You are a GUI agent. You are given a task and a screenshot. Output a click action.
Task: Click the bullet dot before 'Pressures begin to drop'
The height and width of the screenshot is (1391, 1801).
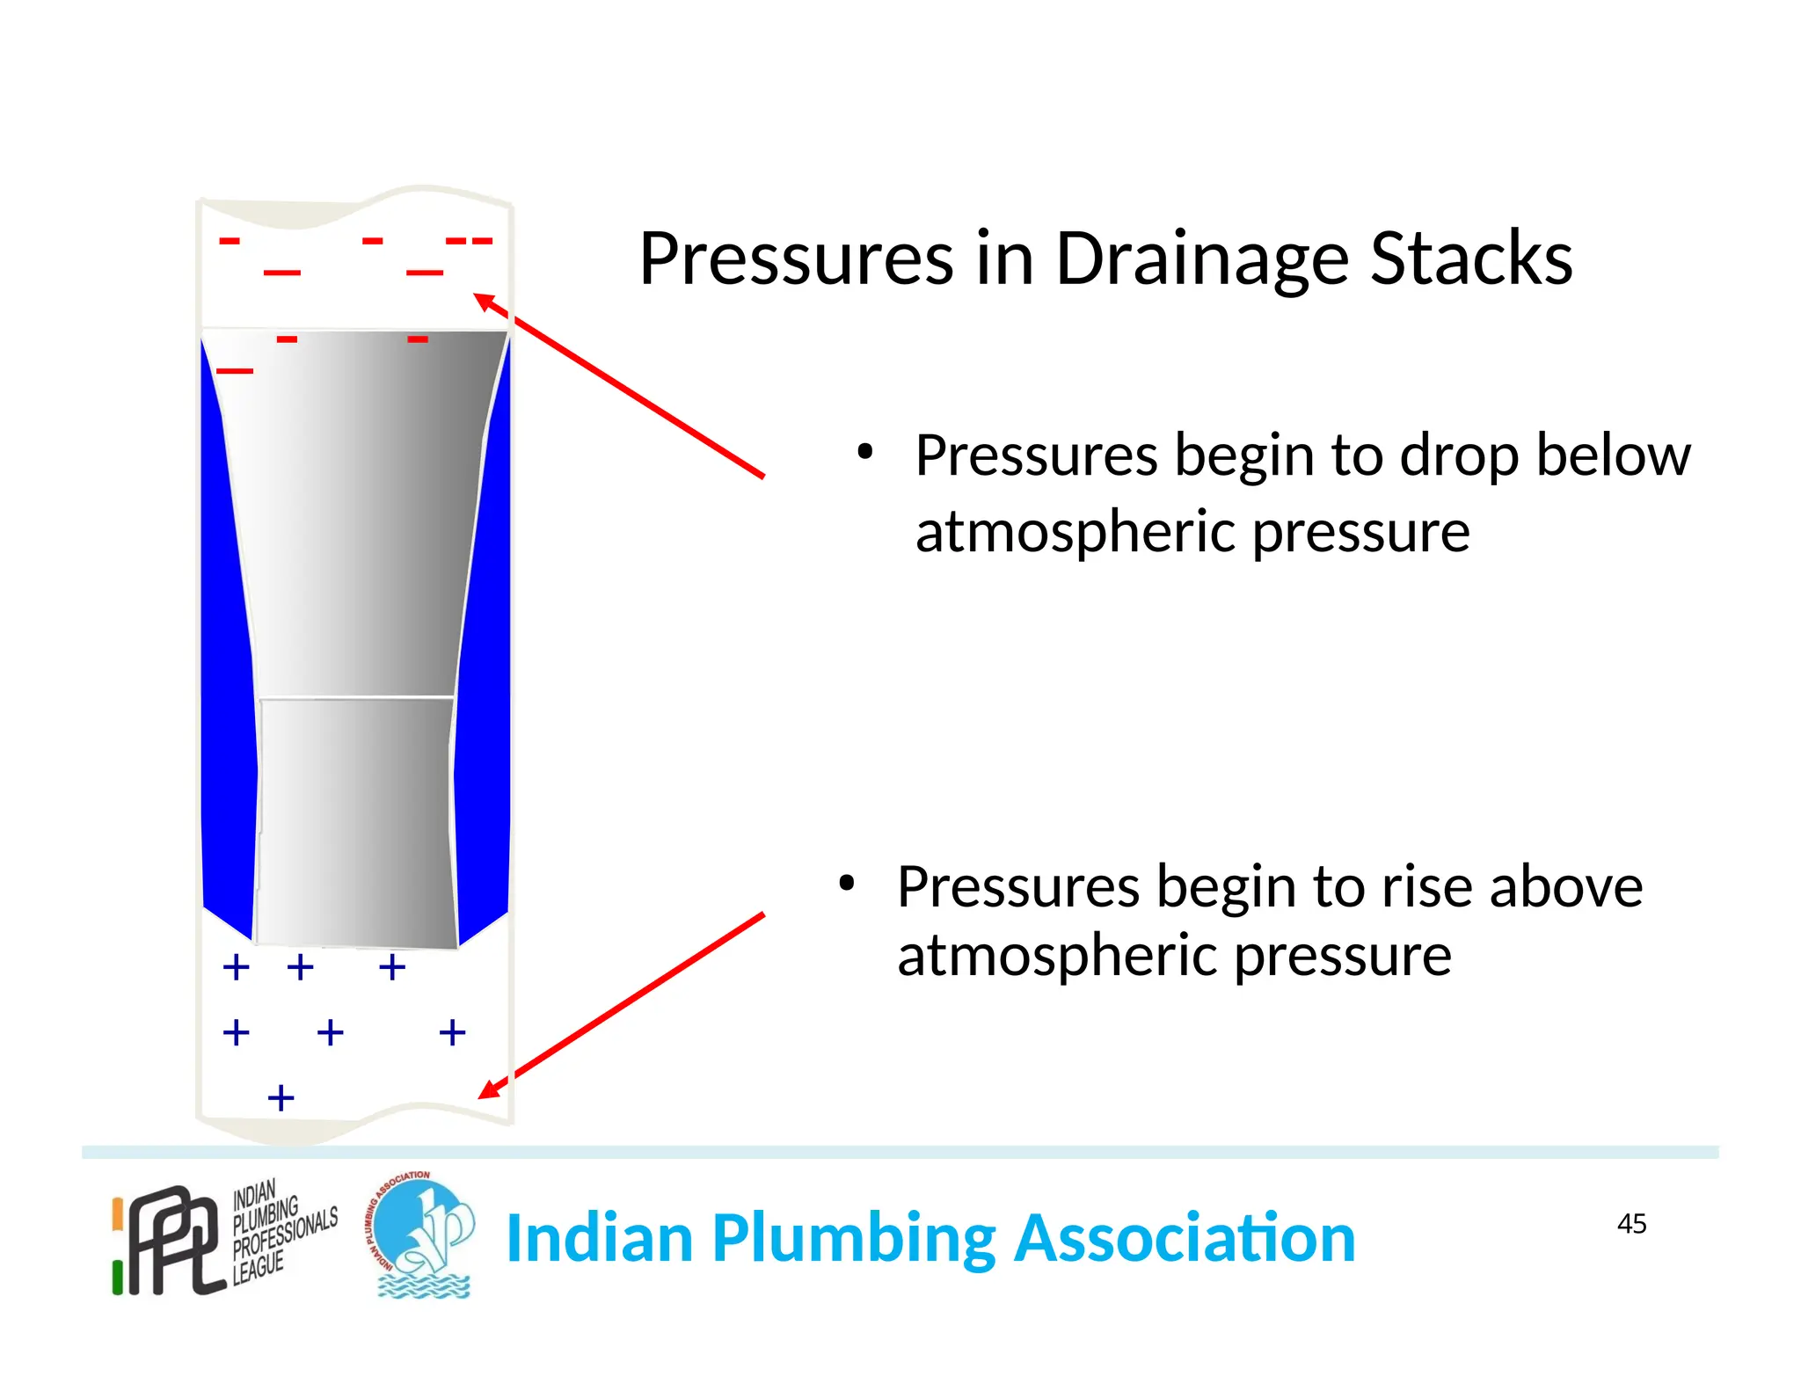click(x=865, y=453)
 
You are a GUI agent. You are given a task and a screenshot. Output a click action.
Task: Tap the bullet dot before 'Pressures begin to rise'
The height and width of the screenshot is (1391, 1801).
click(x=846, y=884)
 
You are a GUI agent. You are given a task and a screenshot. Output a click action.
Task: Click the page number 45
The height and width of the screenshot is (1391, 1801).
click(x=1631, y=1224)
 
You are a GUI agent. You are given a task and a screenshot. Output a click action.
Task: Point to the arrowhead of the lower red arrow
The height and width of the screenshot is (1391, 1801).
click(x=488, y=1090)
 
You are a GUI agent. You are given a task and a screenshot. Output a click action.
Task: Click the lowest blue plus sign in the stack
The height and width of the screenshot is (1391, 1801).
click(x=281, y=1098)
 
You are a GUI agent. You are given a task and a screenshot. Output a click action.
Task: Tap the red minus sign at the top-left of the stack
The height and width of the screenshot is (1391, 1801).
click(x=230, y=241)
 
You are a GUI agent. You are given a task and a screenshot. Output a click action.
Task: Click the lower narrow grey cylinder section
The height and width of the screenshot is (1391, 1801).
click(x=356, y=822)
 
